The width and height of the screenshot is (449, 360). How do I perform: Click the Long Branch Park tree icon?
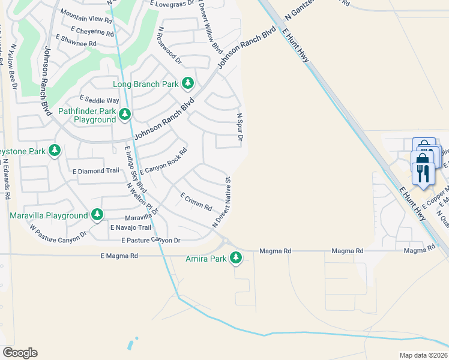pyautogui.click(x=188, y=83)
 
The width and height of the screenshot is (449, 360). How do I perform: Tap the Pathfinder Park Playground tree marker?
pyautogui.click(x=125, y=114)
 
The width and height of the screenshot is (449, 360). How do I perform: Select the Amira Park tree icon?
pyautogui.click(x=236, y=258)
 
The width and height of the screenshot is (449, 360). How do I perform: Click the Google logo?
pyautogui.click(x=20, y=353)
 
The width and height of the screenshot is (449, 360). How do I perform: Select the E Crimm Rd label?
pyautogui.click(x=196, y=202)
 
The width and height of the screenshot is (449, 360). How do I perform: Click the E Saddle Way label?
pyautogui.click(x=100, y=100)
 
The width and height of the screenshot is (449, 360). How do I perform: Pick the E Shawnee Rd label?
pyautogui.click(x=76, y=40)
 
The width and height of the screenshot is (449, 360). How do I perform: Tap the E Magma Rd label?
pyautogui.click(x=119, y=256)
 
